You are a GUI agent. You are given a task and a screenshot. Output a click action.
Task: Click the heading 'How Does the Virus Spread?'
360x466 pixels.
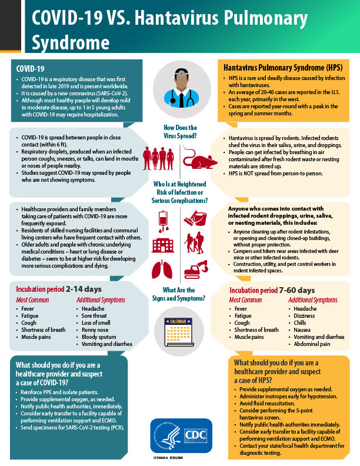[x=179, y=131]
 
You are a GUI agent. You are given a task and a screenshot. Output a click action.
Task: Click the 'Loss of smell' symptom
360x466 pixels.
[x=94, y=322]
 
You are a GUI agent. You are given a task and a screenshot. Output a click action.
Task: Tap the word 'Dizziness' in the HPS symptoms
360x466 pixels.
[x=305, y=315]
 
